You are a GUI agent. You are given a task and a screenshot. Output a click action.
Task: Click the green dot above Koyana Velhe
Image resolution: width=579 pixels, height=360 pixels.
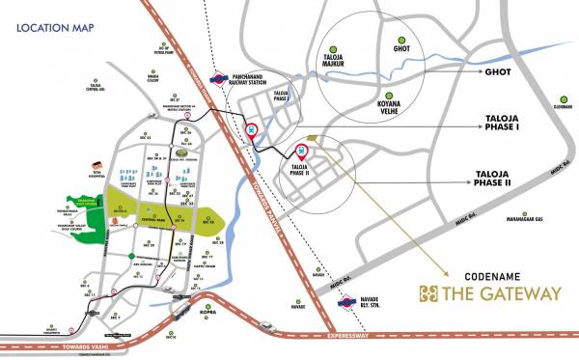[389, 96]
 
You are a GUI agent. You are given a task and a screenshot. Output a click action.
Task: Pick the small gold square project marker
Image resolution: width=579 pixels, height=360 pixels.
[313, 137]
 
